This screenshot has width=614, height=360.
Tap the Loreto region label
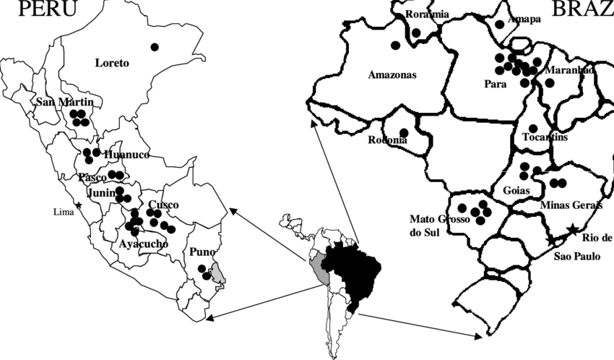tap(112, 63)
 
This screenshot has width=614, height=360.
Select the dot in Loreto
tap(154, 47)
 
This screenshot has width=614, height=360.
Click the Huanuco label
tap(126, 155)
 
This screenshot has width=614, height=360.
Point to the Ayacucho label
tap(143, 244)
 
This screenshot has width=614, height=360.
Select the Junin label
tap(102, 193)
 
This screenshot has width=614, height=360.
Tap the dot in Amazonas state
tap(396, 46)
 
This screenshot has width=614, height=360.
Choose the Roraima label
tap(427, 14)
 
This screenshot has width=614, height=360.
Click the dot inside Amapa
tap(500, 23)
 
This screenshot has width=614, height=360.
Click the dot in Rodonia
tap(403, 132)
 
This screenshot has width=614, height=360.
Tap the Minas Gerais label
tap(571, 205)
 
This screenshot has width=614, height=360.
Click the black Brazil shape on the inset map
tap(350, 267)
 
